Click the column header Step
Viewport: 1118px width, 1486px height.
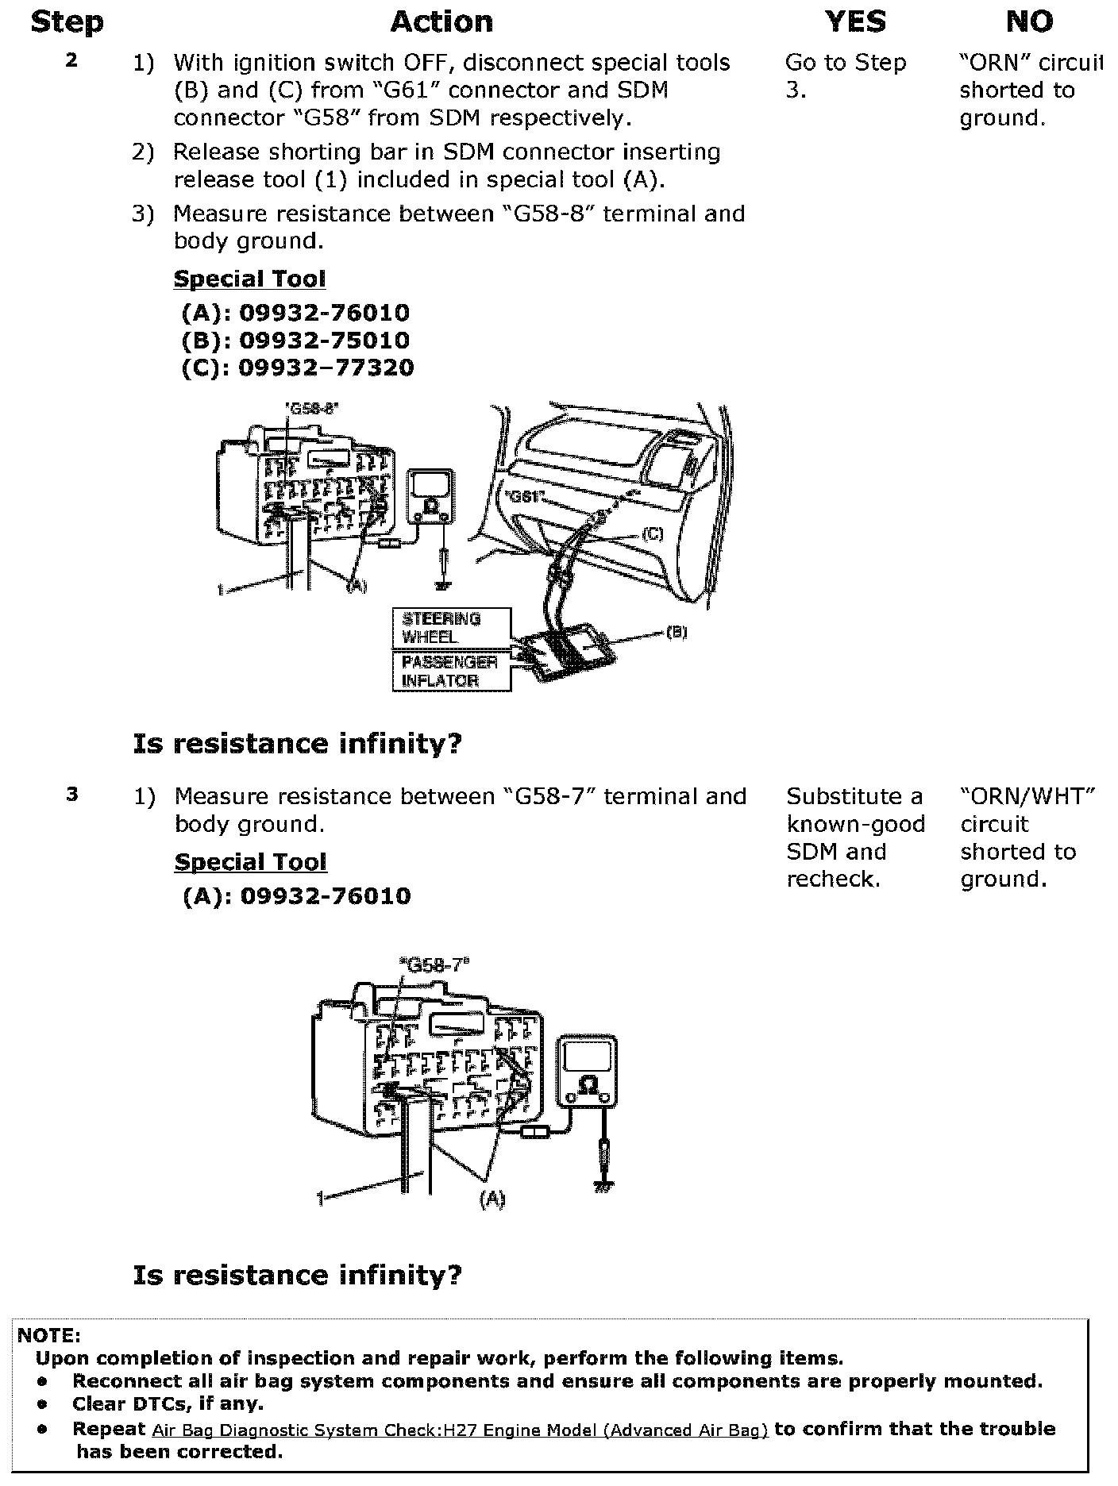[67, 22]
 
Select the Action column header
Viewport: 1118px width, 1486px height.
[441, 22]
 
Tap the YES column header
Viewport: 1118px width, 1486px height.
[855, 22]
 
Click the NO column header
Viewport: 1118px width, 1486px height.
[1029, 22]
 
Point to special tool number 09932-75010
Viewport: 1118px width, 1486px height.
[324, 341]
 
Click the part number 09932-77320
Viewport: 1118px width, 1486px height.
[326, 368]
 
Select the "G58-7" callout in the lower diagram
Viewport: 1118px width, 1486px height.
[434, 964]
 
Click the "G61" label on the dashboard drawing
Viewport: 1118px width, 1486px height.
[523, 498]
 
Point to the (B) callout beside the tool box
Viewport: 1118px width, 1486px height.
[676, 633]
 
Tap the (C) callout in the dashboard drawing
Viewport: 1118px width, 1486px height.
[651, 535]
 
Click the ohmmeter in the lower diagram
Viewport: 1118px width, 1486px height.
[588, 1069]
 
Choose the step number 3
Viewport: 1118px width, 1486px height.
[72, 794]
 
